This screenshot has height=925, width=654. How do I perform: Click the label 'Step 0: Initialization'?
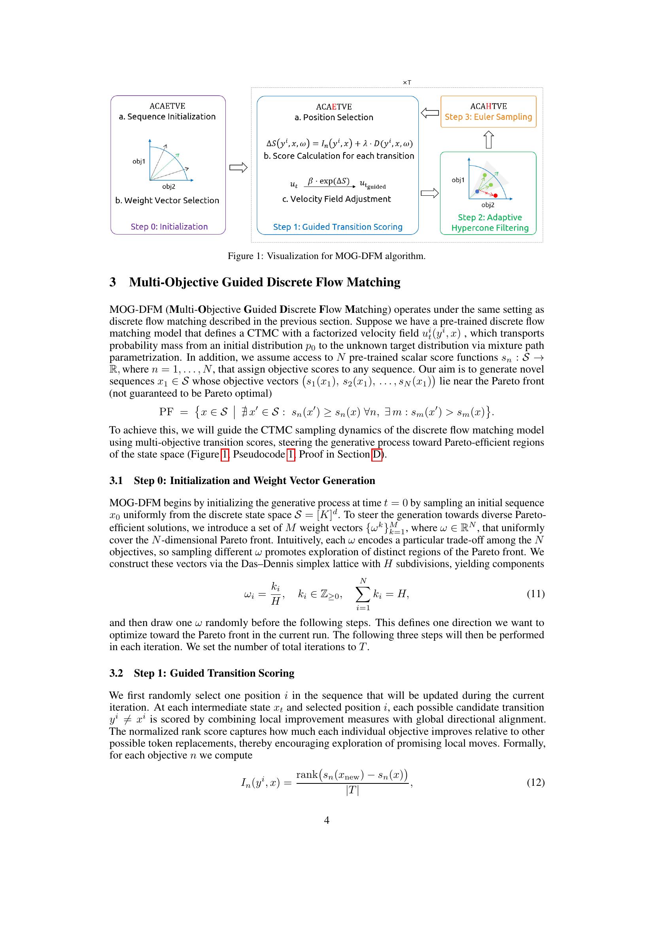(x=169, y=227)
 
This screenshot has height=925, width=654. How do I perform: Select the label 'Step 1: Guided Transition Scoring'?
(x=337, y=227)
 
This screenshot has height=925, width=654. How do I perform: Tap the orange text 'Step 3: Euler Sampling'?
(x=488, y=117)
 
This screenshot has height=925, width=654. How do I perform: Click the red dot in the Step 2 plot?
(x=496, y=195)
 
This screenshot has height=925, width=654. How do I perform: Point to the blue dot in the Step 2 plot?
(x=477, y=192)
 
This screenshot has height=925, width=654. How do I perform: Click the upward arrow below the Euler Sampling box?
(x=488, y=140)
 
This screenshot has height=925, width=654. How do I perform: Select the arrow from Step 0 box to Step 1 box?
(x=238, y=168)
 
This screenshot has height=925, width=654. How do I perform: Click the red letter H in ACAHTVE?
(x=488, y=106)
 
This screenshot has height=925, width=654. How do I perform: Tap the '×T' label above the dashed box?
(x=407, y=83)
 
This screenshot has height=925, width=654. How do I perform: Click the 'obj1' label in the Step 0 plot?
(x=138, y=162)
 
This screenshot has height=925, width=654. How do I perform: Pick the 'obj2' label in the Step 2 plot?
(x=488, y=205)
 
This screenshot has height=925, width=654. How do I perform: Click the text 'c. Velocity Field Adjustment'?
(x=336, y=199)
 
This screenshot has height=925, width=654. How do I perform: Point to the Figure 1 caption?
(x=327, y=256)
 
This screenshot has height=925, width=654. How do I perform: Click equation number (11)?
(x=536, y=594)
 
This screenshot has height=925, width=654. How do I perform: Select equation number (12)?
(x=536, y=782)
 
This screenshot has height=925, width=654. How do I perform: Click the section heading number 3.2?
(x=116, y=673)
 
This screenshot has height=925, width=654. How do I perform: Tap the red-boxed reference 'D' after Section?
(x=376, y=454)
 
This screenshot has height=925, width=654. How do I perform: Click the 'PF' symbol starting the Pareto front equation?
(x=166, y=412)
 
